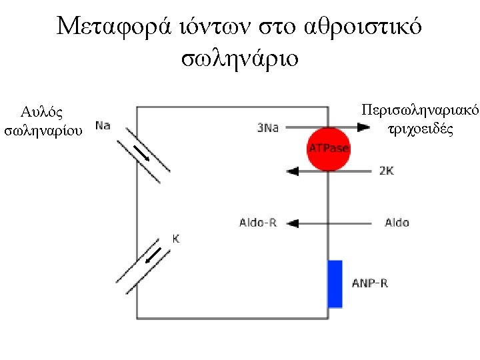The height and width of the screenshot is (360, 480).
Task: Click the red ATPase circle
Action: (x=328, y=148)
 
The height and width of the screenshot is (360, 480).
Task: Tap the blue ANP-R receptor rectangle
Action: (x=335, y=284)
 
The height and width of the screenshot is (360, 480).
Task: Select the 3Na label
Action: (x=267, y=127)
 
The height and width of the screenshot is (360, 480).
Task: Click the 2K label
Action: (x=386, y=171)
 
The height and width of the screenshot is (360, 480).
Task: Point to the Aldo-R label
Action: (x=258, y=223)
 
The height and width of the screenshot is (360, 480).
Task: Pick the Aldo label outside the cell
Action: (x=397, y=223)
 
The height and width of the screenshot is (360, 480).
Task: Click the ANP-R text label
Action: (x=370, y=283)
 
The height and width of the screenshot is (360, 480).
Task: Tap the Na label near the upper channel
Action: (x=103, y=125)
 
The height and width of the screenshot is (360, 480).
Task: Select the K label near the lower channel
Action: (x=176, y=237)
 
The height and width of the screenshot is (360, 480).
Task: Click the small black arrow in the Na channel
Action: (x=141, y=153)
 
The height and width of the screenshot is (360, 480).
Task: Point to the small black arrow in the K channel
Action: (x=154, y=256)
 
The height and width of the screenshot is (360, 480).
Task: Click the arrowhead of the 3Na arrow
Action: (x=363, y=127)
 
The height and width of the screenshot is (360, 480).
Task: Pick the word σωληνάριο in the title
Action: (x=240, y=59)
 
